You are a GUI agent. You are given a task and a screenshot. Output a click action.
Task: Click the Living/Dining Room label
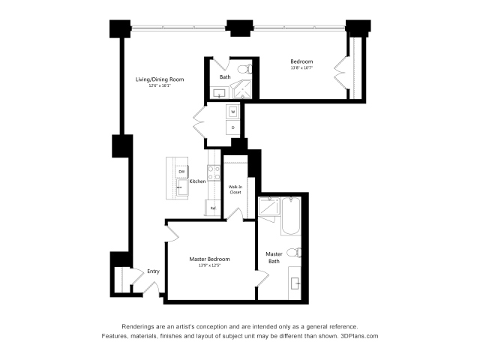[x=159, y=79]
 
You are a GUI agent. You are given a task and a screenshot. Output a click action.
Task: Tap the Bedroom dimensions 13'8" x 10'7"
[x=301, y=68]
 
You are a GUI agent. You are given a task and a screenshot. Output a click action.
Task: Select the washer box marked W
[x=233, y=112]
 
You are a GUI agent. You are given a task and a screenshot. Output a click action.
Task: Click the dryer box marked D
[x=233, y=128]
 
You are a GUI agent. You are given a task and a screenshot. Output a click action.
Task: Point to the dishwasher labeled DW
[x=181, y=172]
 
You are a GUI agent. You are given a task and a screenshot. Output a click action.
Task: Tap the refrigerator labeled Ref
[x=213, y=208]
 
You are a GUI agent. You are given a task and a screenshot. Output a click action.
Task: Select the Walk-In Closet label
[x=235, y=189]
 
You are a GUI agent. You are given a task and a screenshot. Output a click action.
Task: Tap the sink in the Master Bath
[x=295, y=283]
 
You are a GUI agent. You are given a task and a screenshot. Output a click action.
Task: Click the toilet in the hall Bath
[x=243, y=70]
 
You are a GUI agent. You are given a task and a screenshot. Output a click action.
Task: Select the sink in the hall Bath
[x=220, y=94]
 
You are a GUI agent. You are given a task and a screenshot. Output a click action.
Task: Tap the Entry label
[x=153, y=271]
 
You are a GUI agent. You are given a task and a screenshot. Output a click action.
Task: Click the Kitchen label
[x=197, y=181]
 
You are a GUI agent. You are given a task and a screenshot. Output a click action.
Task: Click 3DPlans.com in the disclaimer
[x=358, y=336]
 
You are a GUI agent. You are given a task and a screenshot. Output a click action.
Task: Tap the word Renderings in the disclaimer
[x=141, y=326]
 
